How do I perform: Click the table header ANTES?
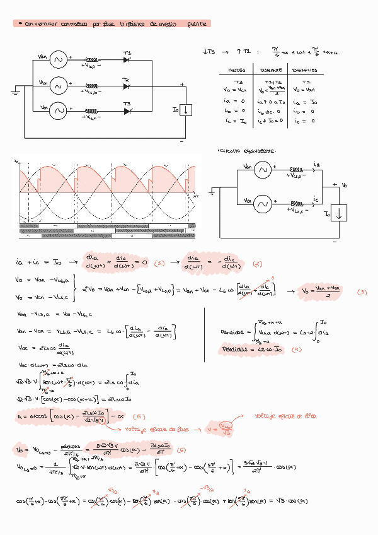pyautogui.click(x=236, y=70)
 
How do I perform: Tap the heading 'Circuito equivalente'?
pyautogui.click(x=246, y=151)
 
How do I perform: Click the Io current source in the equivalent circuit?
pyautogui.click(x=339, y=213)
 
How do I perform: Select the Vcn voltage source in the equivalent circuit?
pyautogui.click(x=262, y=203)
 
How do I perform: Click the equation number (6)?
pyautogui.click(x=181, y=450)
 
